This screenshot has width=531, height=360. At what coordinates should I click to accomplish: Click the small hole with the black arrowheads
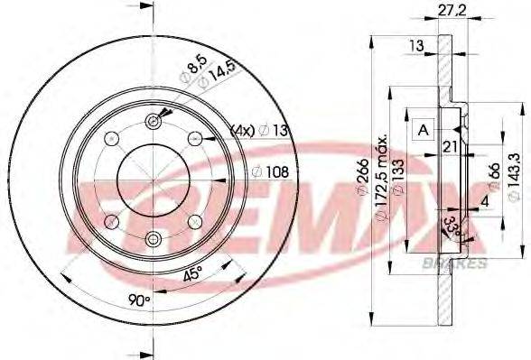pyautogui.click(x=154, y=122)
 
